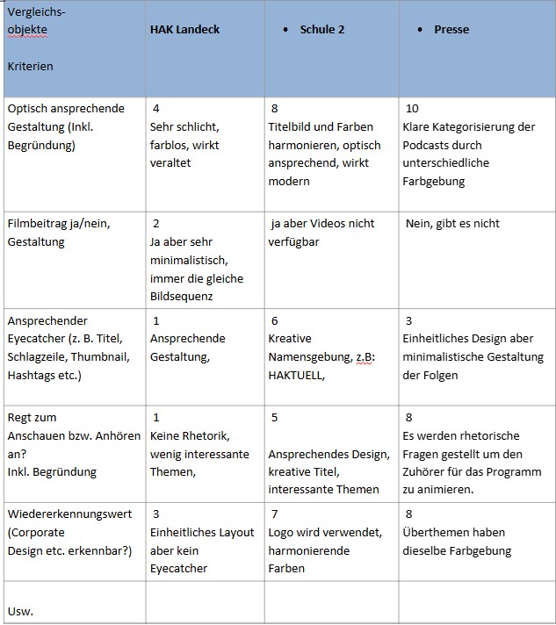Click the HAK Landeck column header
184,29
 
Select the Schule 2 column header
321,29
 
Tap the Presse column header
451,29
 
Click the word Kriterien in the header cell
29,66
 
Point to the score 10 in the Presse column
412,109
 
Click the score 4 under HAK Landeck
155,109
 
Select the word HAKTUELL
297,375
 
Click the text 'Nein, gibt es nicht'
452,224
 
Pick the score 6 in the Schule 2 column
275,321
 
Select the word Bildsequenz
183,297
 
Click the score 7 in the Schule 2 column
275,514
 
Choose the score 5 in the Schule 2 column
275,418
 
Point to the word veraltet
170,163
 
